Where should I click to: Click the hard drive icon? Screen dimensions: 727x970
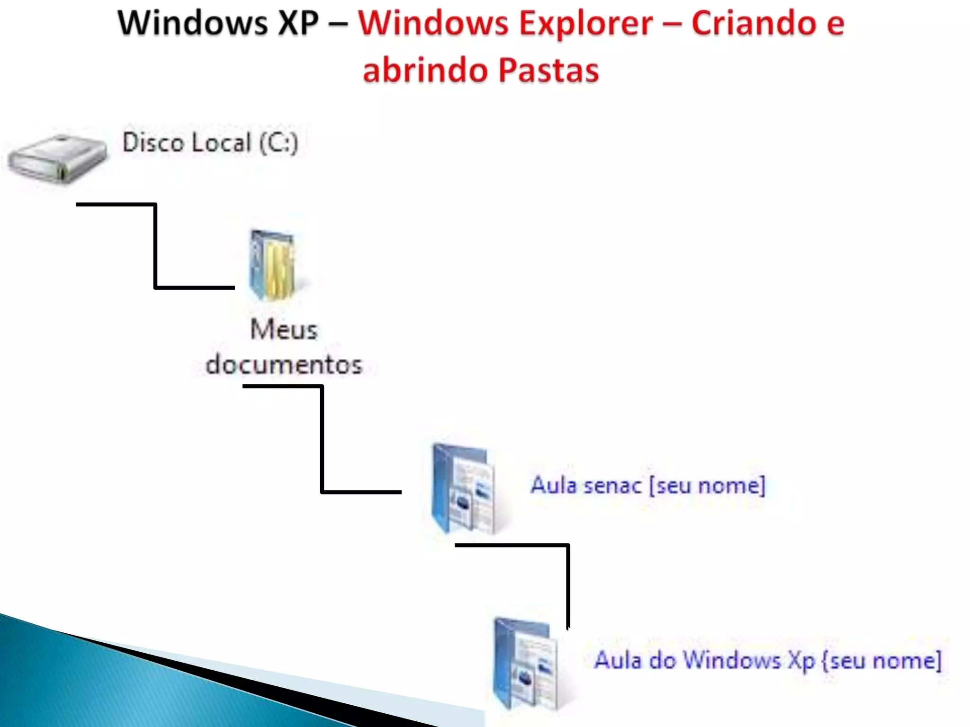(x=58, y=158)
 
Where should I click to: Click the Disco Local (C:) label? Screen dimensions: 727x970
(x=210, y=142)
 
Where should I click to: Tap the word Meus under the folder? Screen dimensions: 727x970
(x=283, y=329)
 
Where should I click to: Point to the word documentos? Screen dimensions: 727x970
(x=284, y=365)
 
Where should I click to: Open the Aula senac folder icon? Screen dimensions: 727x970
(x=463, y=488)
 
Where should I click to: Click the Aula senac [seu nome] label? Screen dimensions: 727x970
(x=647, y=486)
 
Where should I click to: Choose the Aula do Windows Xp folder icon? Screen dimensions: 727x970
(x=525, y=663)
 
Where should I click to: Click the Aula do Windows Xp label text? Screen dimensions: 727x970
(x=768, y=660)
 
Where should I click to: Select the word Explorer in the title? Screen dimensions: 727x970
(x=585, y=23)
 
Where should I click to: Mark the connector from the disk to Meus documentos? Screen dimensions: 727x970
(x=155, y=246)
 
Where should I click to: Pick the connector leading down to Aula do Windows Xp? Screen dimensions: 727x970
(x=567, y=582)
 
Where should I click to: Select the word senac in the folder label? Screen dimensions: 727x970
(x=612, y=486)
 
